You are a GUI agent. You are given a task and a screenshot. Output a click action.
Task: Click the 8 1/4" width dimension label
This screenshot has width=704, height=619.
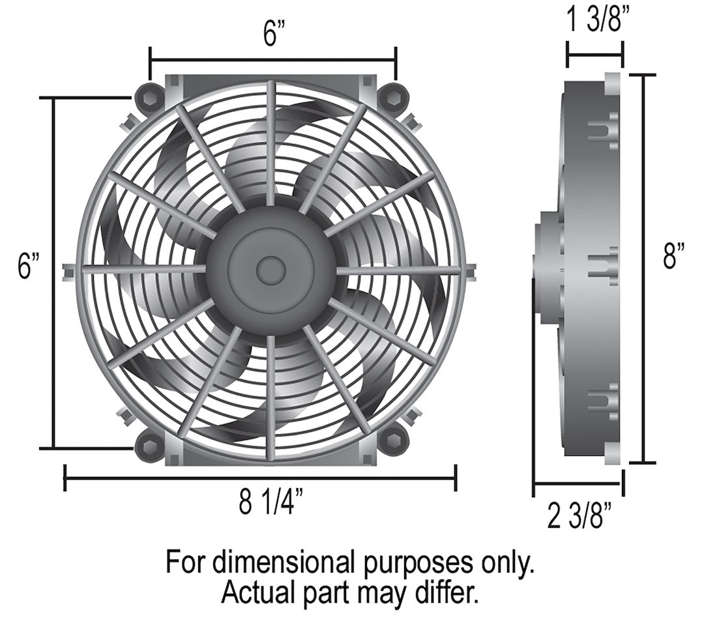tap(271, 504)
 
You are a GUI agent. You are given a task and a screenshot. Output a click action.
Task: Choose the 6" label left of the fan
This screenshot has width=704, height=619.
tap(28, 266)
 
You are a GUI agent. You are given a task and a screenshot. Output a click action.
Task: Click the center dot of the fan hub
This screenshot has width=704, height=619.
tap(270, 270)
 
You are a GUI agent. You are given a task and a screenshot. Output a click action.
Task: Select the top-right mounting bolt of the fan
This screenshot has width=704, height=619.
tap(392, 98)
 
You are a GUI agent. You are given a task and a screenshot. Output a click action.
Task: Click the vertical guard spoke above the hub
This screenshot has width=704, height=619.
tap(271, 143)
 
